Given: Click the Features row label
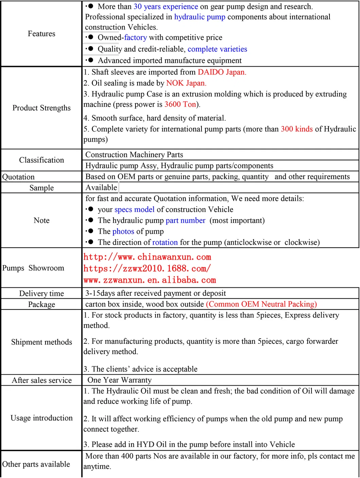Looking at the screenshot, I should click(41, 34).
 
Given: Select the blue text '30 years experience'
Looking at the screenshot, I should click(166, 6).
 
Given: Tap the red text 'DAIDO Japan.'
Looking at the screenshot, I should click(222, 72).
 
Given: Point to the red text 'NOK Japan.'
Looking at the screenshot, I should click(186, 83).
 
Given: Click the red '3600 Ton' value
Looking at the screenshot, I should click(180, 104).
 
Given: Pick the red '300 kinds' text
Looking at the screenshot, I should click(296, 129).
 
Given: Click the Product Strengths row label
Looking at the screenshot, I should click(41, 108).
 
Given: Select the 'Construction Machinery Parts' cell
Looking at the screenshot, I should click(134, 155).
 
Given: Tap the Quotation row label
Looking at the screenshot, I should click(18, 177).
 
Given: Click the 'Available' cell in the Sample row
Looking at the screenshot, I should click(101, 188).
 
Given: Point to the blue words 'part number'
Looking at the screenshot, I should click(185, 220).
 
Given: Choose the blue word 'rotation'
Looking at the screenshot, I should click(165, 242).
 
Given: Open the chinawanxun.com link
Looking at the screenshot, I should click(147, 257).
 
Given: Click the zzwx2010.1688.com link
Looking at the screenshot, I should click(147, 269).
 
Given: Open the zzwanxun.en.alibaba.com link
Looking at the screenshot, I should click(149, 280).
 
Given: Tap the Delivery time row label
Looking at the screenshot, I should click(41, 294).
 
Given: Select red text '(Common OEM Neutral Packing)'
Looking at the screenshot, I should click(261, 304).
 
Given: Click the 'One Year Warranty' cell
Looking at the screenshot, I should click(120, 380).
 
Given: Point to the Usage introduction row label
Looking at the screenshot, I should click(41, 418).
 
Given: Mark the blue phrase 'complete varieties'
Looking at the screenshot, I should click(217, 49).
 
